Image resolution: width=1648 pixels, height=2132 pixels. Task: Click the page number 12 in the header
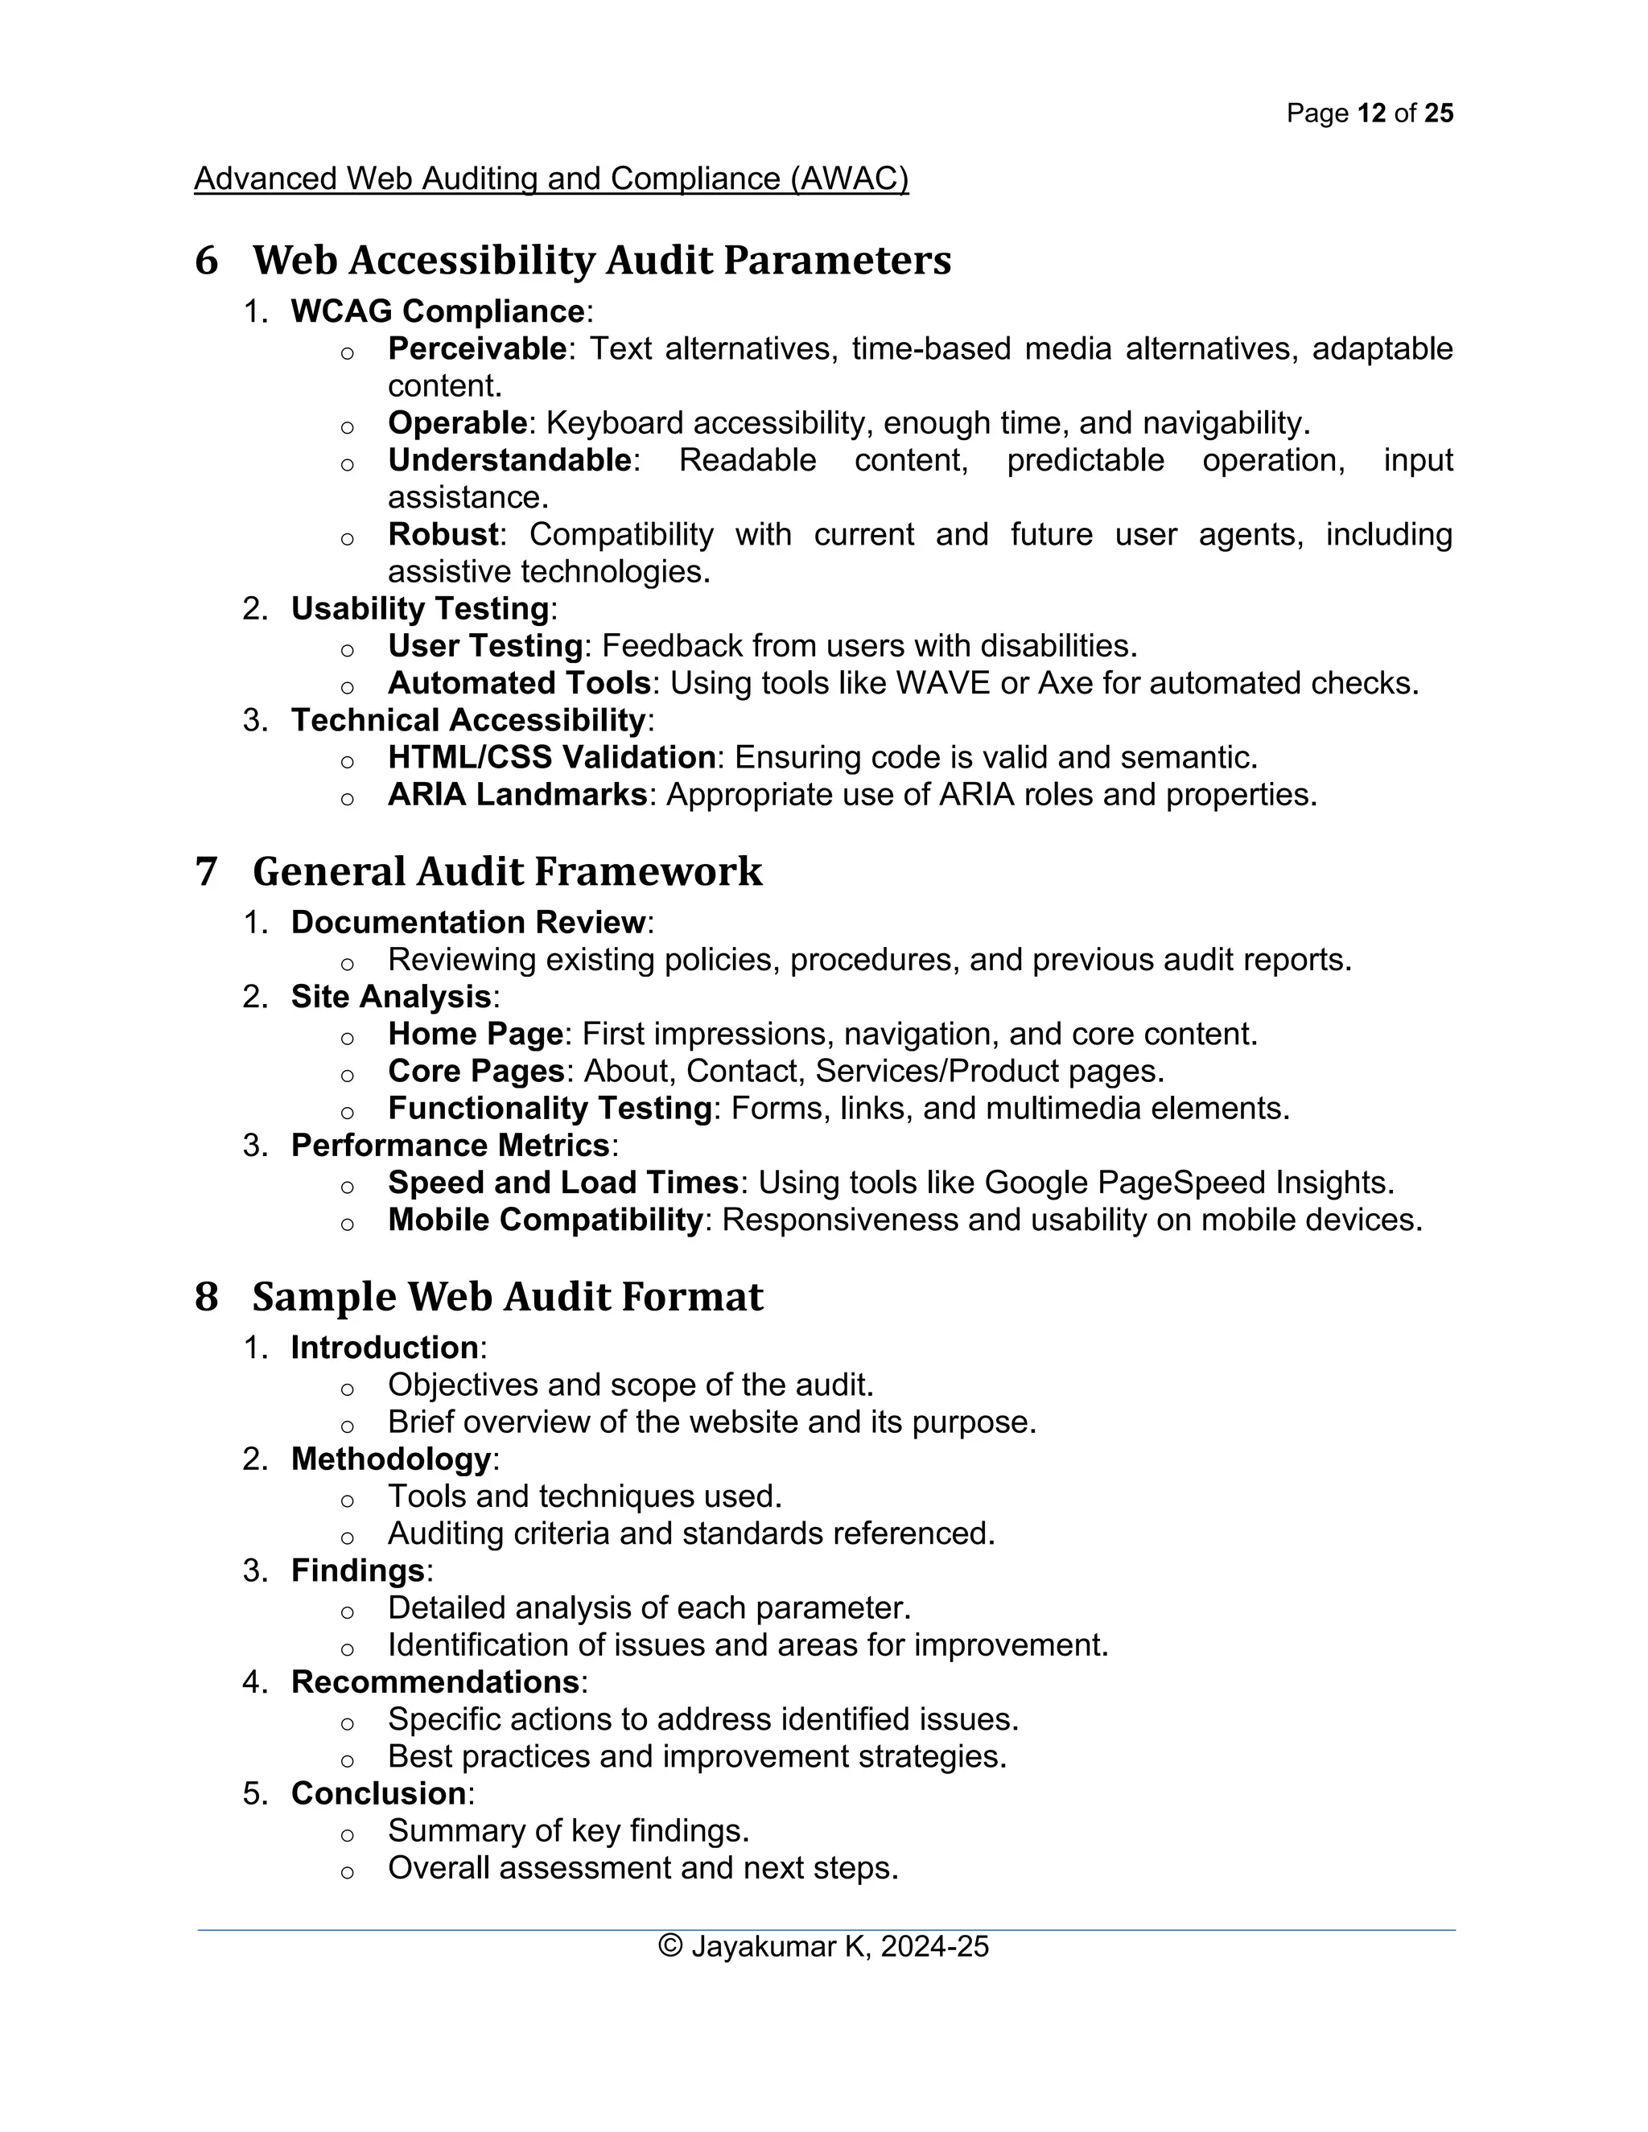click(x=1370, y=113)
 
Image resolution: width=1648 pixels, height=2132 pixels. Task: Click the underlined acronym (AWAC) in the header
click(x=850, y=179)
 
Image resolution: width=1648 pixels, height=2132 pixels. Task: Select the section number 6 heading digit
click(x=206, y=261)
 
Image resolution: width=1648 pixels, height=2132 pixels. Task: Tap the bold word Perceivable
click(x=476, y=348)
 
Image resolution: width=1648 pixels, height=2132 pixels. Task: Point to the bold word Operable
click(x=457, y=422)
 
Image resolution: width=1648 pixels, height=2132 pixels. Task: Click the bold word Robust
click(x=443, y=534)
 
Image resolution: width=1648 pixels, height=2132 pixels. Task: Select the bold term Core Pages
click(x=476, y=1071)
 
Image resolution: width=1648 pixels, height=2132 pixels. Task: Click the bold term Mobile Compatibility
click(x=545, y=1219)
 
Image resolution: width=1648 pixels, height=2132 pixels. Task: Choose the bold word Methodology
click(x=390, y=1459)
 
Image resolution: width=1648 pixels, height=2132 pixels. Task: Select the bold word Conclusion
click(x=379, y=1793)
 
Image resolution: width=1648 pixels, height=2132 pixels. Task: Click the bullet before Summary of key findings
click(x=347, y=1835)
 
